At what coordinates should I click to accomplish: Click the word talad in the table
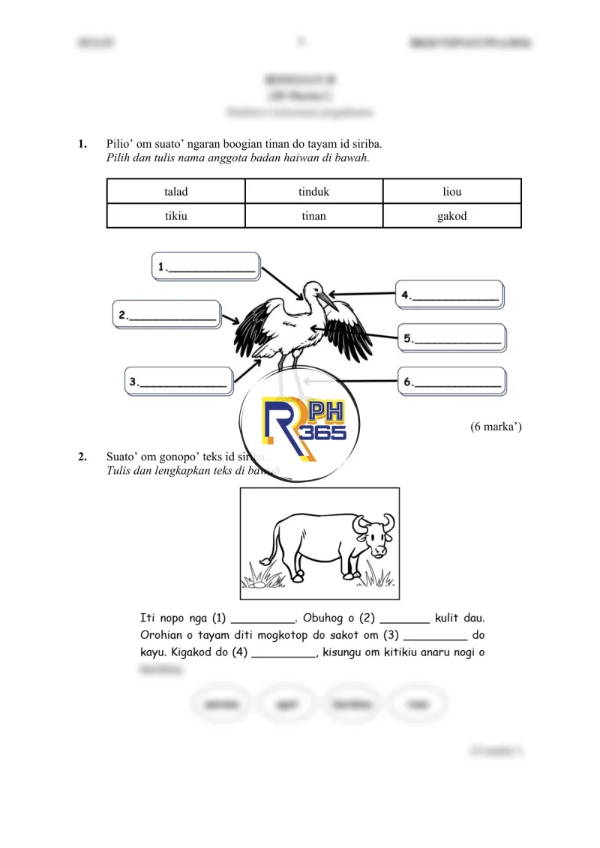(176, 191)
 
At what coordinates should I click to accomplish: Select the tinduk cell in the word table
(313, 191)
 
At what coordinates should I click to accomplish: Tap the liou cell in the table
(452, 191)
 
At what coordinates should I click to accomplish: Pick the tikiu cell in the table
(176, 216)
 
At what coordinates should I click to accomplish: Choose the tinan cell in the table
(313, 216)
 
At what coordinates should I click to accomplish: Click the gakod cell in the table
(452, 216)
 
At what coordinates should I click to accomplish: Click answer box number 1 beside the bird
(206, 266)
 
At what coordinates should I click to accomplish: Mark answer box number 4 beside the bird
(450, 295)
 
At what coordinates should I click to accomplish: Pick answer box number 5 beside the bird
(452, 338)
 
